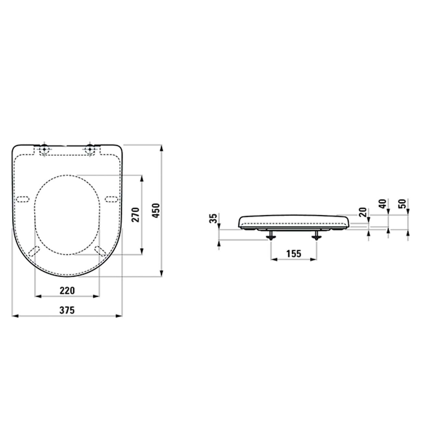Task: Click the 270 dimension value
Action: point(136,215)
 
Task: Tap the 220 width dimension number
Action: point(67,291)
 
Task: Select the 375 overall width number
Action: point(67,310)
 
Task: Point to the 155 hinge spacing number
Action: point(294,254)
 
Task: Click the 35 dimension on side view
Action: point(213,218)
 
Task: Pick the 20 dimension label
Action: point(363,212)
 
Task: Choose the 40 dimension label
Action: point(383,204)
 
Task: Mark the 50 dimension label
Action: point(402,204)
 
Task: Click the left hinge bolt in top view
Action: point(44,149)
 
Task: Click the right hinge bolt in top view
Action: point(90,149)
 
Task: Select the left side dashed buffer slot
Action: point(23,199)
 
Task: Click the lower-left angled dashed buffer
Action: point(34,252)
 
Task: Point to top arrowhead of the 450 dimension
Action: point(161,148)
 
